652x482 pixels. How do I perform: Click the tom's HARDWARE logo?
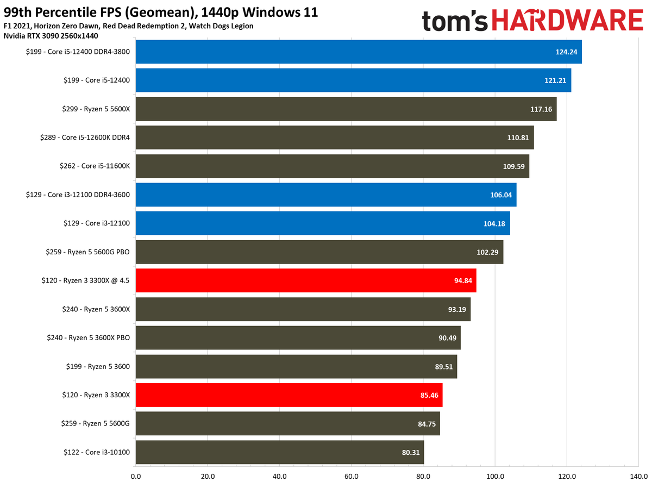coord(532,21)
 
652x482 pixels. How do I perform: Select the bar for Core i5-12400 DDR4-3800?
coord(359,52)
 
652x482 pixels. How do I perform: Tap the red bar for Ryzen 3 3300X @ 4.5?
coord(306,280)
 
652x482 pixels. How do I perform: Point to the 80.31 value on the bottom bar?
coord(407,452)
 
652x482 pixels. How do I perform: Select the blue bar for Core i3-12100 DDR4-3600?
coord(326,195)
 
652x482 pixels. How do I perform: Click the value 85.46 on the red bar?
coord(426,395)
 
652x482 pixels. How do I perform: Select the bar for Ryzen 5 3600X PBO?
coord(298,338)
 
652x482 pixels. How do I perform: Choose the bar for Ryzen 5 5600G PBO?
coord(319,252)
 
